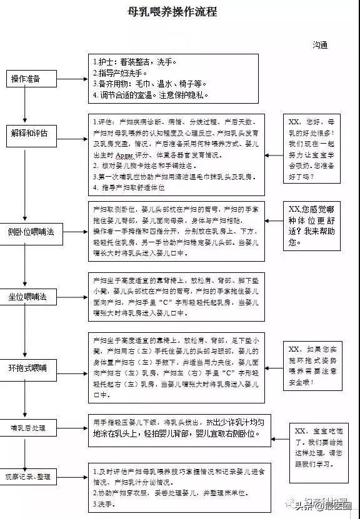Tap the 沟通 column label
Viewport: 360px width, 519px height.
coord(320,45)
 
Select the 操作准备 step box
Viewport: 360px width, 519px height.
coord(25,79)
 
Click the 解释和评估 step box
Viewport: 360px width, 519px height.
coord(29,133)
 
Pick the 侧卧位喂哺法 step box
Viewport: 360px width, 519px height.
coord(31,231)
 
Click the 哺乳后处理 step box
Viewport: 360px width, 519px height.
coord(29,428)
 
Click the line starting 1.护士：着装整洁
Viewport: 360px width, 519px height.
coord(135,62)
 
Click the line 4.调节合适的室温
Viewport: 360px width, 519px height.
coord(150,95)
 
